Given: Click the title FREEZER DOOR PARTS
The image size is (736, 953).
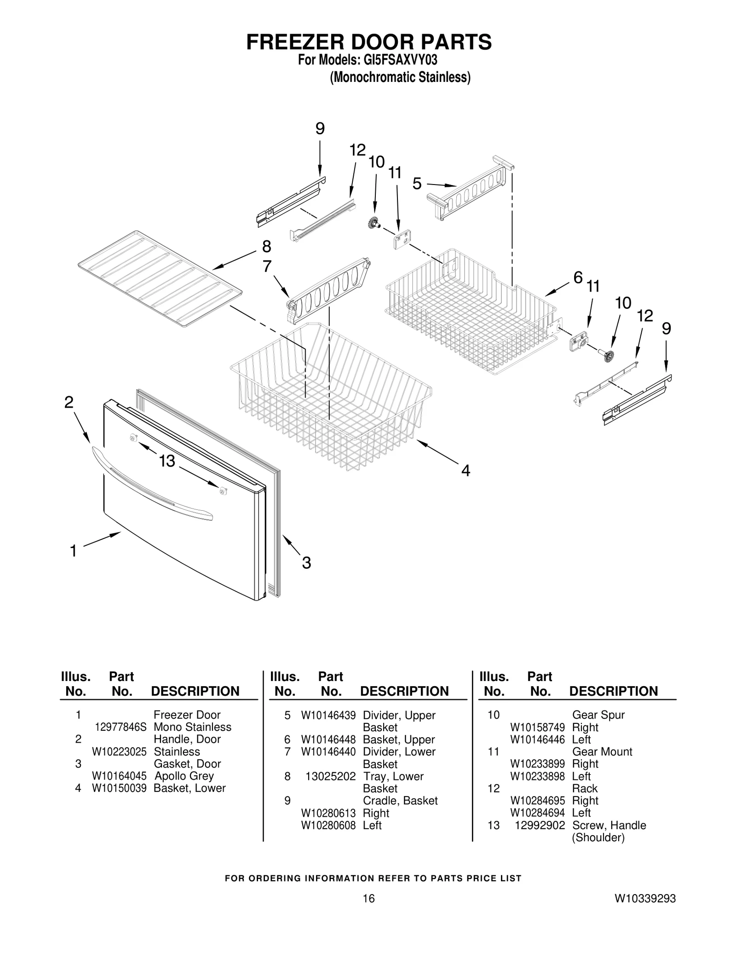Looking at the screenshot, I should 368,42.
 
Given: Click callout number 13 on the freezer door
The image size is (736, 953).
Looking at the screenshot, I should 167,461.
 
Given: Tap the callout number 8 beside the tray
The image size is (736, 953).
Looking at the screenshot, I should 266,247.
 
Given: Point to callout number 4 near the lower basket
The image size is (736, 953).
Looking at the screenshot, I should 466,470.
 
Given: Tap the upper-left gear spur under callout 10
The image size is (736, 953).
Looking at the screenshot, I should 373,224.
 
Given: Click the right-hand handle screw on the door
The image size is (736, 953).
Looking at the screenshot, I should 223,491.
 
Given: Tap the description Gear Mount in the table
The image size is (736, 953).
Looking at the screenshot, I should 602,752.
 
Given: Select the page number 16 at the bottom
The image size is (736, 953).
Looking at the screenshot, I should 368,911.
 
